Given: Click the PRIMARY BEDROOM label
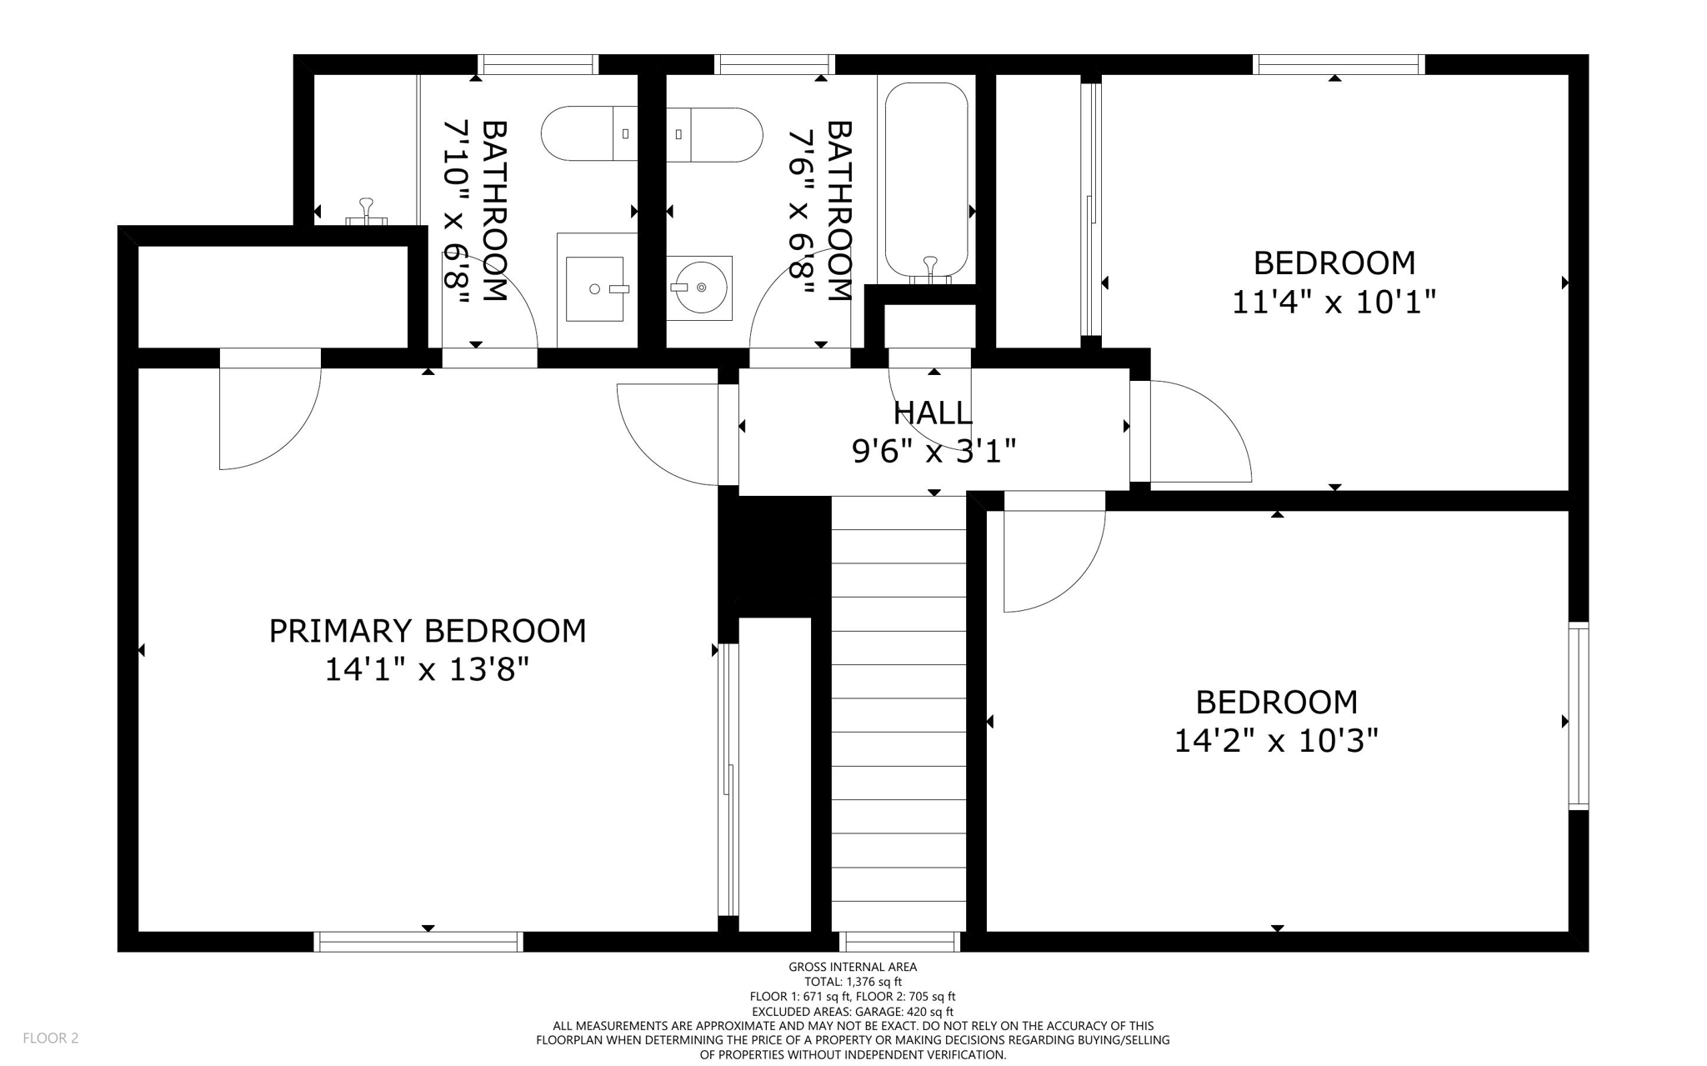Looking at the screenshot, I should coord(427,631).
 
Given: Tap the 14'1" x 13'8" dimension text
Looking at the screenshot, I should coord(427,669).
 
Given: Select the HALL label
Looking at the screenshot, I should coord(933,413).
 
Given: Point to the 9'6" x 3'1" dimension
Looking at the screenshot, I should coord(934,452).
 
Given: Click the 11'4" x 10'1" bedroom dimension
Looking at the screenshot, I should coord(1334,302).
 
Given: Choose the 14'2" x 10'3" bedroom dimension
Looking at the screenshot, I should coord(1276,740).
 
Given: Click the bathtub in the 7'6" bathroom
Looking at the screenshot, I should coord(926,179).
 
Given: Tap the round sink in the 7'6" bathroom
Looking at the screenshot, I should coord(699,288).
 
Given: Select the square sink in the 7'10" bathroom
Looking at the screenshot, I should coord(594,288).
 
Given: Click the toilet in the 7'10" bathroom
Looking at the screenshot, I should coord(588,133).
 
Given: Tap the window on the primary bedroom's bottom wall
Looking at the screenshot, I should coord(418,942).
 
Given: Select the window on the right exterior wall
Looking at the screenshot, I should coord(1578,715).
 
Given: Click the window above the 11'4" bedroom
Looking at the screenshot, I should coord(1339,64).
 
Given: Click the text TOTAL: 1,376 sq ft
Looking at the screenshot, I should coord(853,982).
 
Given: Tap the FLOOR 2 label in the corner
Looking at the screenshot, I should coord(51,1038).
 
